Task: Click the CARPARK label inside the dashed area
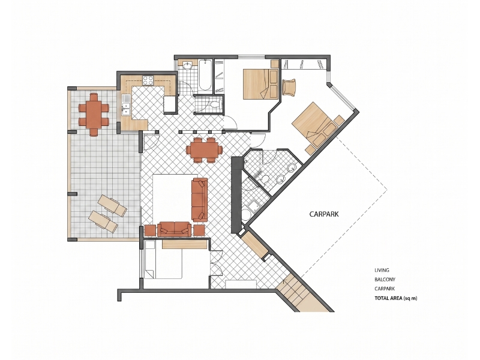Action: click(x=324, y=214)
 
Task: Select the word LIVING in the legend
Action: click(x=382, y=270)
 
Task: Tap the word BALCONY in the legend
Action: click(x=385, y=279)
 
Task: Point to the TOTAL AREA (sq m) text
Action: click(x=396, y=298)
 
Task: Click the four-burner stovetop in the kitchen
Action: click(x=148, y=80)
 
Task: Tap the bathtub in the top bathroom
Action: click(x=205, y=77)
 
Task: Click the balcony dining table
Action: click(x=94, y=115)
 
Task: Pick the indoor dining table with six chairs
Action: click(x=204, y=150)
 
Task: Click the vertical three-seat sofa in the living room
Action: click(x=199, y=200)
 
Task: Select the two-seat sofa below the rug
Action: click(x=174, y=229)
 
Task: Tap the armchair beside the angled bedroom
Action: click(x=289, y=87)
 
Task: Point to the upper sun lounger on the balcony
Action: click(x=112, y=206)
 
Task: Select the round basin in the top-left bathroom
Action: click(x=187, y=65)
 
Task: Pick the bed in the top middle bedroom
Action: click(x=261, y=84)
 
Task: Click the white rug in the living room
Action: click(x=172, y=197)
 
